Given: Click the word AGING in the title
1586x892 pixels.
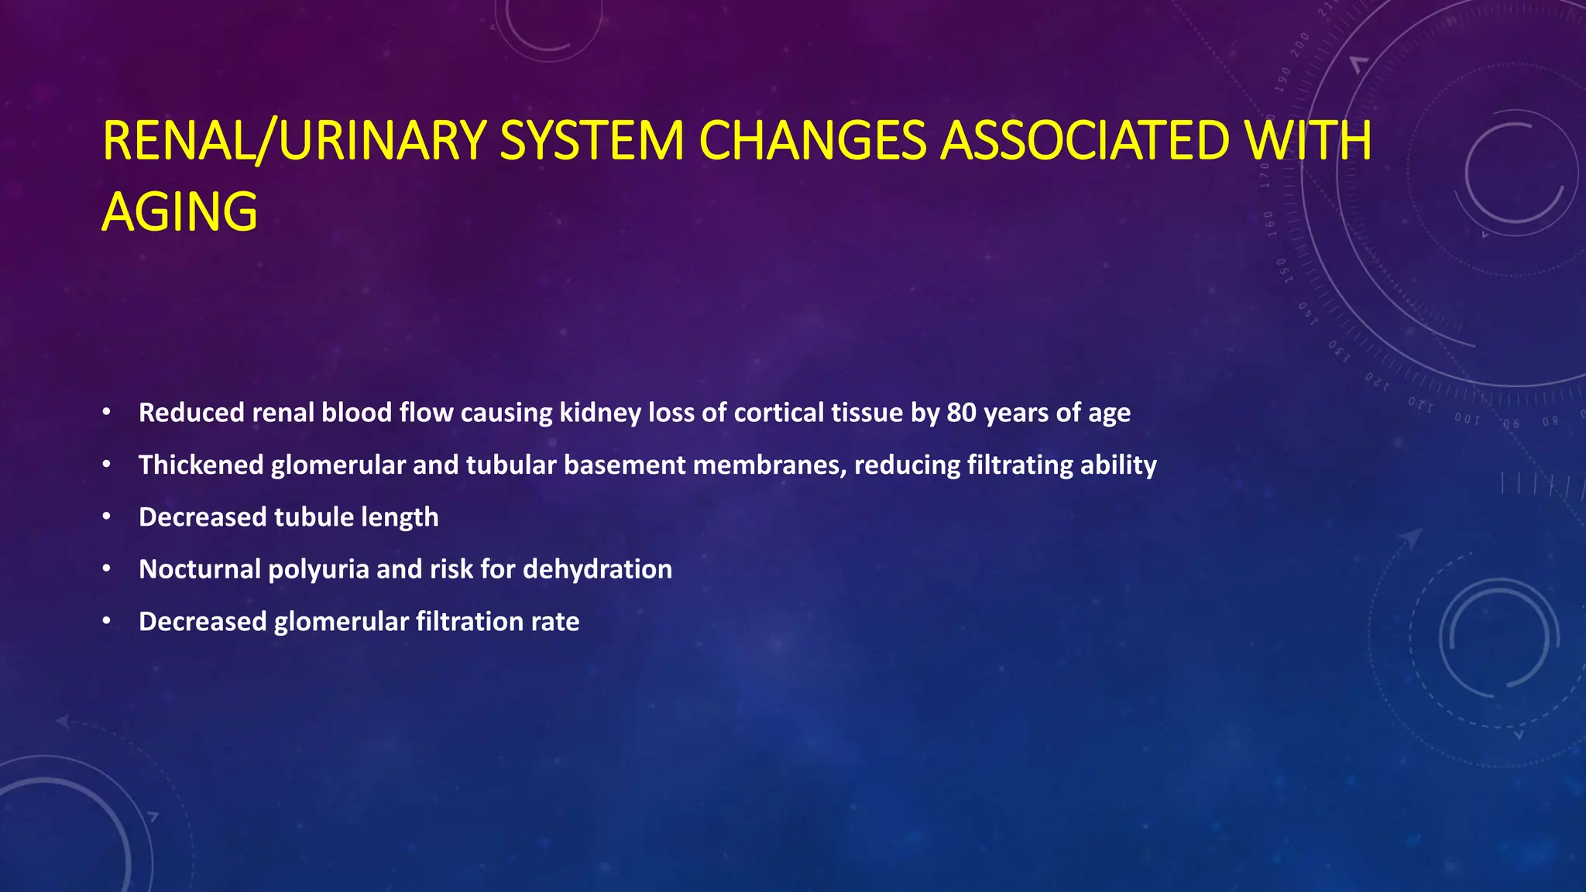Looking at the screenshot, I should coord(180,212).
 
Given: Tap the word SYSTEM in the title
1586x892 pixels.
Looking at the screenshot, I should coord(592,141).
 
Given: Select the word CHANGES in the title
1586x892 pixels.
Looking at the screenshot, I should coord(812,141).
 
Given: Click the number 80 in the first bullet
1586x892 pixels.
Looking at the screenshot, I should coord(961,413).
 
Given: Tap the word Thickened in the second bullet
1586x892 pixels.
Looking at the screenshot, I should coord(201,465).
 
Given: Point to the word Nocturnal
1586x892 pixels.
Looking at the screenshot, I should coord(200,569).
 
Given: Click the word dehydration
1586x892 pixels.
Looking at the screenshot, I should coord(597,569).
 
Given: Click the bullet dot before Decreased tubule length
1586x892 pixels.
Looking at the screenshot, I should coord(107,517).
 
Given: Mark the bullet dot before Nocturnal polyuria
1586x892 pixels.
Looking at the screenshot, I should coord(107,569).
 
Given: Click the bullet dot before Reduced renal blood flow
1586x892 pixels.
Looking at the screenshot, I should coord(107,413).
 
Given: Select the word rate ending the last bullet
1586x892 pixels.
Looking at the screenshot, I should coord(555,622).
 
